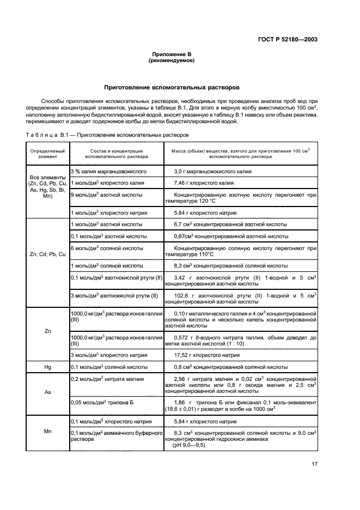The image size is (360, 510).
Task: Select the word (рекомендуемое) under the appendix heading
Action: (x=172, y=60)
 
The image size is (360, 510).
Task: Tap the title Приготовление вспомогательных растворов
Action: (x=172, y=87)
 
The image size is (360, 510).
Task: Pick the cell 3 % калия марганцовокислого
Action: (x=107, y=172)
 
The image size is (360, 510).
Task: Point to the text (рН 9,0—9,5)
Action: (x=188, y=445)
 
